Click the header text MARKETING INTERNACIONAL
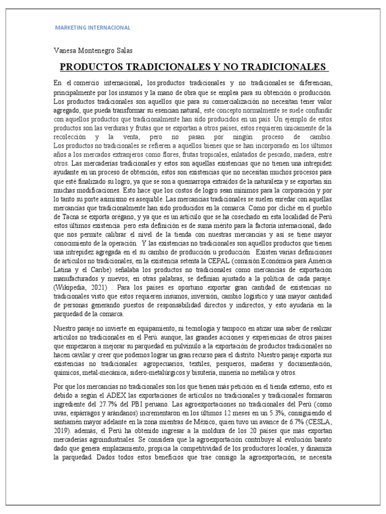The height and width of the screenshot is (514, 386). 92,28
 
